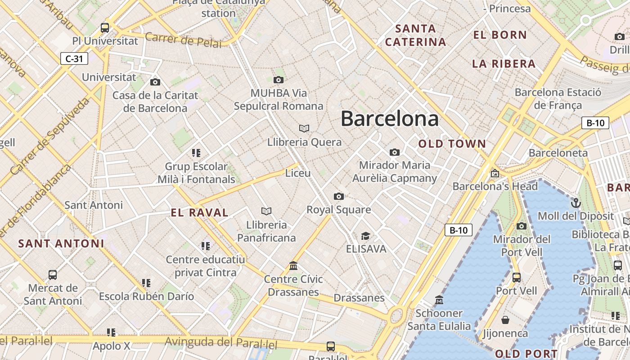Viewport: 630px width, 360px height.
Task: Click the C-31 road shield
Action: pos(74,58)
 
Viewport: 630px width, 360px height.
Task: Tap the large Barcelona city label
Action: pos(389,119)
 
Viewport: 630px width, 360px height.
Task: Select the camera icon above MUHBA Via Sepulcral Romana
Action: pos(279,80)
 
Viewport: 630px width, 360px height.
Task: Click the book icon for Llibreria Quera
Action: pos(304,128)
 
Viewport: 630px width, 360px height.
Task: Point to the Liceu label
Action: pos(298,173)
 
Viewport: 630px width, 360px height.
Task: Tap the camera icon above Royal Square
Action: pos(339,196)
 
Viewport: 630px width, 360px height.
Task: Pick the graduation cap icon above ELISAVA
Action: pos(365,236)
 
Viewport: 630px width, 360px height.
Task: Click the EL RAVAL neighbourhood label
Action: pos(200,213)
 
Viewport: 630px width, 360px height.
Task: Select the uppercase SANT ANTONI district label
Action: pos(61,243)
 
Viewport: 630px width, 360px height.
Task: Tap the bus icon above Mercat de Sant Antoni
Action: pos(53,274)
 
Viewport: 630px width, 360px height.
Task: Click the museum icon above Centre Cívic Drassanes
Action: pos(293,265)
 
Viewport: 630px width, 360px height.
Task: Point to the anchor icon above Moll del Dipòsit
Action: pos(576,202)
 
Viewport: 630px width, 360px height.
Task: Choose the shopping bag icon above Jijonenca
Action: pos(505,320)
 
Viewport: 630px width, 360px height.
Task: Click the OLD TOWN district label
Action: pos(452,144)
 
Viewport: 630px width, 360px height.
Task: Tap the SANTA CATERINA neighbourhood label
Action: pos(416,36)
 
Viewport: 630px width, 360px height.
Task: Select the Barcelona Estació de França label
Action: pos(558,99)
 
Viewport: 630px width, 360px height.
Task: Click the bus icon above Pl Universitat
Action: pos(105,27)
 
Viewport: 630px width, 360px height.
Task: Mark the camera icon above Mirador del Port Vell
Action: pos(522,226)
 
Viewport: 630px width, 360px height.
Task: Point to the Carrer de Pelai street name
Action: pos(183,40)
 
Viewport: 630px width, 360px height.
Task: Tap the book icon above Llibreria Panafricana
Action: pos(266,211)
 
